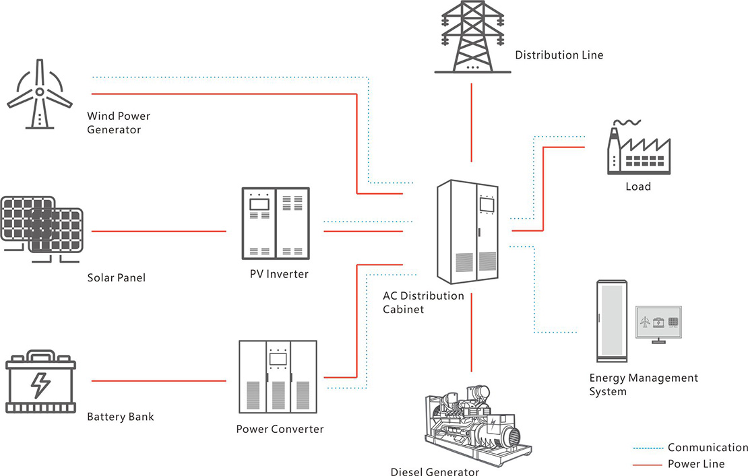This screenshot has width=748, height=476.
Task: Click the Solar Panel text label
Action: (116, 277)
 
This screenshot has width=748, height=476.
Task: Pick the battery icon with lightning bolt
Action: (40, 382)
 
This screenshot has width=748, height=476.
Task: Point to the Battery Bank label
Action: (121, 417)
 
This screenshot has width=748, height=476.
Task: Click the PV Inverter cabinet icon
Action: (276, 224)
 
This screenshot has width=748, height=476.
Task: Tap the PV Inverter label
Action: (278, 274)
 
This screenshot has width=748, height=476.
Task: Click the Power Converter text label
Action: (280, 429)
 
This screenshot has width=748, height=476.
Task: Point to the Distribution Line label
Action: (559, 55)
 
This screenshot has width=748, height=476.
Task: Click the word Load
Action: (638, 186)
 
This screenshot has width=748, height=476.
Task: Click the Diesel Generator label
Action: (435, 471)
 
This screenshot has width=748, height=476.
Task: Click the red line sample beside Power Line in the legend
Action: (647, 464)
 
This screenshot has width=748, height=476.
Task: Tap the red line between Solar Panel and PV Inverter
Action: (158, 232)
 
